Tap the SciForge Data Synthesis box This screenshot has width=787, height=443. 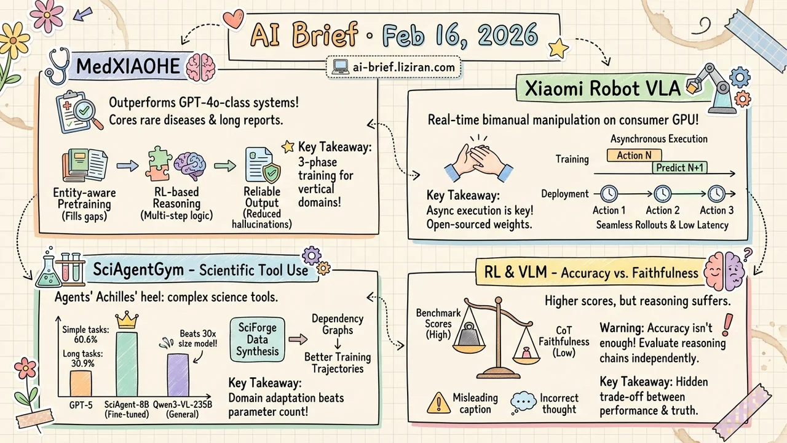click(258, 339)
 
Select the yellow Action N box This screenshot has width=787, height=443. click(630, 155)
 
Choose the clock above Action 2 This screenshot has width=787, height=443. click(662, 194)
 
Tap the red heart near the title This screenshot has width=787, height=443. click(234, 20)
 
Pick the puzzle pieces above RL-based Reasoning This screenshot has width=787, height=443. click(159, 165)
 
